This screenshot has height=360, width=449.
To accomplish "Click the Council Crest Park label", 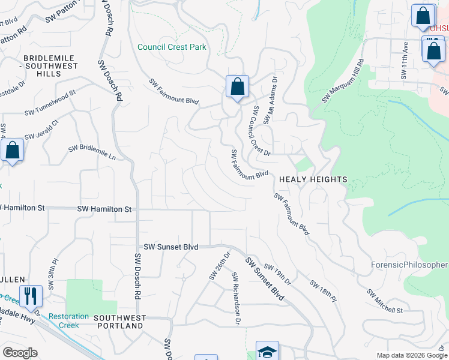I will click(172, 47).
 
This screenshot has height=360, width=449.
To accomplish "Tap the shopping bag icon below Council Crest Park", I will click(238, 87).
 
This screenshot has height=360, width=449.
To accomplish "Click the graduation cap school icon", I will click(267, 352).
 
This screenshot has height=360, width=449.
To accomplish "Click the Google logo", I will click(20, 353).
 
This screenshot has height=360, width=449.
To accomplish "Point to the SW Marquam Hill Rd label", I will click(343, 81).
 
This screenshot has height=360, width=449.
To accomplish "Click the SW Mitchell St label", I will click(385, 302).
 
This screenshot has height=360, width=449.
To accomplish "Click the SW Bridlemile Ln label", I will click(92, 151).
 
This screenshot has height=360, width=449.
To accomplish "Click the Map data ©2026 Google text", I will click(411, 355).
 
